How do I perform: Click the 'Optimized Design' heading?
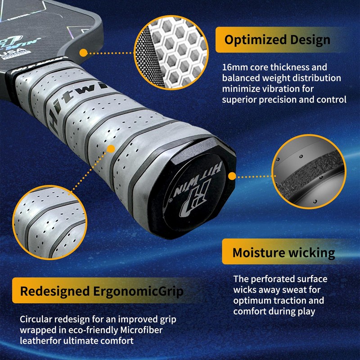tap(277, 40)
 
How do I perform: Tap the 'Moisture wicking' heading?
tap(283, 252)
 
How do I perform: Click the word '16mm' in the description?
tap(234, 67)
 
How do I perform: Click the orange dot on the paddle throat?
tap(84, 52)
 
